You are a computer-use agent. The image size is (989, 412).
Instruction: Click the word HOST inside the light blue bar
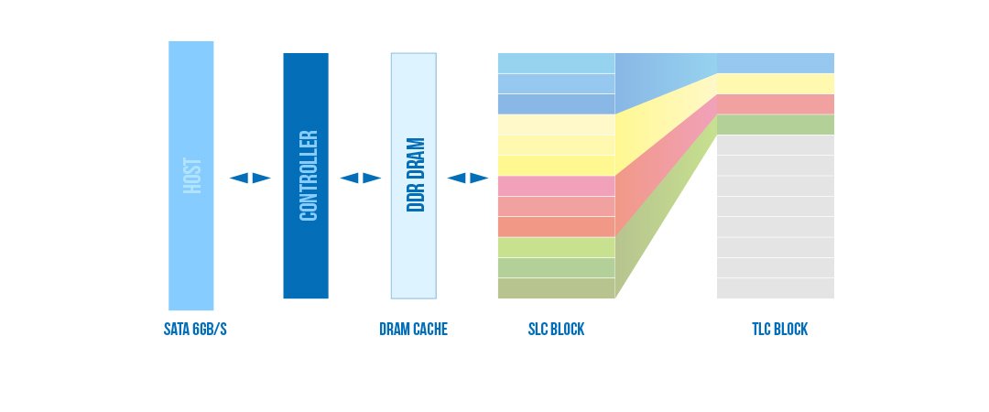pyautogui.click(x=191, y=176)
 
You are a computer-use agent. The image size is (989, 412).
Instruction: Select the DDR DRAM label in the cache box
pyautogui.click(x=414, y=176)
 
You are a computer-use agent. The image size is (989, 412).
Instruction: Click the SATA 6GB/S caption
pyautogui.click(x=195, y=330)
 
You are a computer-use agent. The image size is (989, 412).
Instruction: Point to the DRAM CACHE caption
pyautogui.click(x=413, y=330)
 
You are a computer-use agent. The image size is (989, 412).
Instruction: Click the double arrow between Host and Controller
pyautogui.click(x=250, y=178)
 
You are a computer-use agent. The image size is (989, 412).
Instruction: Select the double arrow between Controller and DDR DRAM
pyautogui.click(x=360, y=178)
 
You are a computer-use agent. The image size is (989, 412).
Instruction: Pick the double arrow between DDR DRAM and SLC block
pyautogui.click(x=467, y=178)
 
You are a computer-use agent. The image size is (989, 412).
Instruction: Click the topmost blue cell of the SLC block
pyautogui.click(x=556, y=63)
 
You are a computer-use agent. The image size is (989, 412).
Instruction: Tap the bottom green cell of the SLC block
pyautogui.click(x=556, y=287)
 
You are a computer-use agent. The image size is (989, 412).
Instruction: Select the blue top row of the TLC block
pyautogui.click(x=775, y=63)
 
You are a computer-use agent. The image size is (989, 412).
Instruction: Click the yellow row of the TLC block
pyautogui.click(x=775, y=83)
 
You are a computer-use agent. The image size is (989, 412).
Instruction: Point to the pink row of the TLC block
pyautogui.click(x=775, y=103)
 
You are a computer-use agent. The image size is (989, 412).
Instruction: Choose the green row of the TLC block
pyautogui.click(x=775, y=125)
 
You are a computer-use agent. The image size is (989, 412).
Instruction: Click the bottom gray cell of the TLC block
pyautogui.click(x=775, y=288)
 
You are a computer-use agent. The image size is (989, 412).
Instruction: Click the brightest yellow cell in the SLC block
pyautogui.click(x=556, y=165)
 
